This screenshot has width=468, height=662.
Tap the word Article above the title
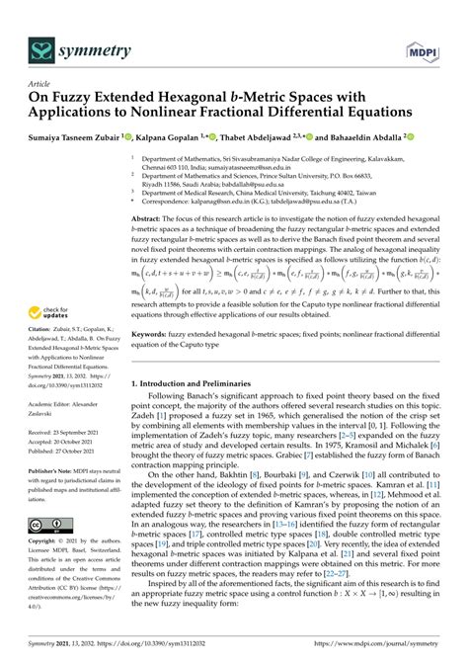tap(40, 85)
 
